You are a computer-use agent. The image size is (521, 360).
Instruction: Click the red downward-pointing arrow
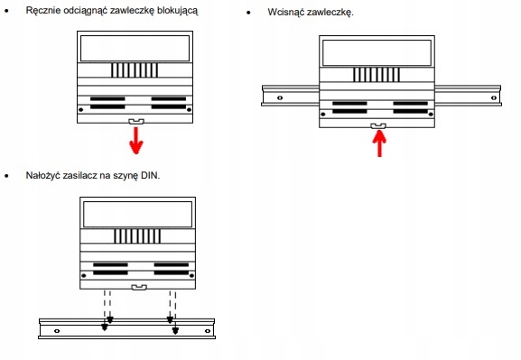coord(136,141)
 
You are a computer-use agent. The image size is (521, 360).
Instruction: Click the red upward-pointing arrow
coord(379,143)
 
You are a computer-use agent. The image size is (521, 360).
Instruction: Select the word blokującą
coord(178,11)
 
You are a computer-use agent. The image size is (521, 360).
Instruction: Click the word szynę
coord(126,176)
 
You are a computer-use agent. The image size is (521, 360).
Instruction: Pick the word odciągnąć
coord(84,11)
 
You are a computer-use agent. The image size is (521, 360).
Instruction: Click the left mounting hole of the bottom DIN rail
coord(57,331)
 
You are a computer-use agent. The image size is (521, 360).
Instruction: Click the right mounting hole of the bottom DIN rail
coord(208,331)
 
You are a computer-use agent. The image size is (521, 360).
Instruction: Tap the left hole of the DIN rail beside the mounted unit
coord(280,97)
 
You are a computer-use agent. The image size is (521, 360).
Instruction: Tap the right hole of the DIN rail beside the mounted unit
coord(494,97)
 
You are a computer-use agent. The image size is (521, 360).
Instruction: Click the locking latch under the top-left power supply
coord(136,122)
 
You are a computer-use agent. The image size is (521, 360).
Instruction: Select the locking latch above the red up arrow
coord(378,126)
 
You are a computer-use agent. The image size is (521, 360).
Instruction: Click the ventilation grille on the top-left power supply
coord(135,70)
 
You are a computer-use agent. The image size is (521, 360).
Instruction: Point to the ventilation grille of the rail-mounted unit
coord(377,75)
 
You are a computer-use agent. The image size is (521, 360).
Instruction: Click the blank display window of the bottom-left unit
coord(137,214)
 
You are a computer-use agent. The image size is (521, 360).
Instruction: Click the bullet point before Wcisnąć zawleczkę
coord(249,13)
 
